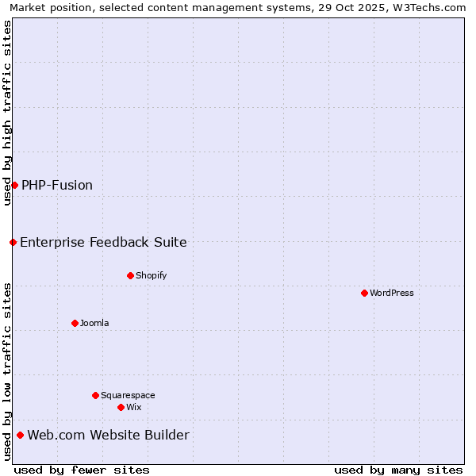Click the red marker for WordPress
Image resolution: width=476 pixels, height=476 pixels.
364,293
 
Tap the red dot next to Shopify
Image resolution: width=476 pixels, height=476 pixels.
130,275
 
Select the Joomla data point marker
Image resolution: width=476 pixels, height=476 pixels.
75,323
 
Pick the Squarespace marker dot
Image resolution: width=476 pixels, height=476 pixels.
95,395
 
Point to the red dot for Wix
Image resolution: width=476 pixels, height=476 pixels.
121,407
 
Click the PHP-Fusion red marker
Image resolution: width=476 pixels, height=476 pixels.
14,185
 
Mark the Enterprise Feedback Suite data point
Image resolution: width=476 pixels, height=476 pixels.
13,242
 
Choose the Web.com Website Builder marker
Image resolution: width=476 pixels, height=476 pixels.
20,435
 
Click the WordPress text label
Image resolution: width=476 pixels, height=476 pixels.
392,293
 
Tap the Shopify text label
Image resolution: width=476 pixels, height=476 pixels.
151,275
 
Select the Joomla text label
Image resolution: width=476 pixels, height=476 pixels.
94,323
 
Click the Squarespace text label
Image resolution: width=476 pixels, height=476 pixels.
128,395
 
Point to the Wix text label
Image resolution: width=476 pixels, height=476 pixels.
134,407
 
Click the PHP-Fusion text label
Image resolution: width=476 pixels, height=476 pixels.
57,185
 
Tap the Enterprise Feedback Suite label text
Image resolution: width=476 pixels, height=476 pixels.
103,242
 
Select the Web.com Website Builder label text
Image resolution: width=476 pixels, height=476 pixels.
108,435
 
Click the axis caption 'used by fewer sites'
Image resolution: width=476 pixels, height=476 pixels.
82,470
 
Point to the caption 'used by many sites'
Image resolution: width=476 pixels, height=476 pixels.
398,470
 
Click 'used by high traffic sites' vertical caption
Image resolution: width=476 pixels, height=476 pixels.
7,113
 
